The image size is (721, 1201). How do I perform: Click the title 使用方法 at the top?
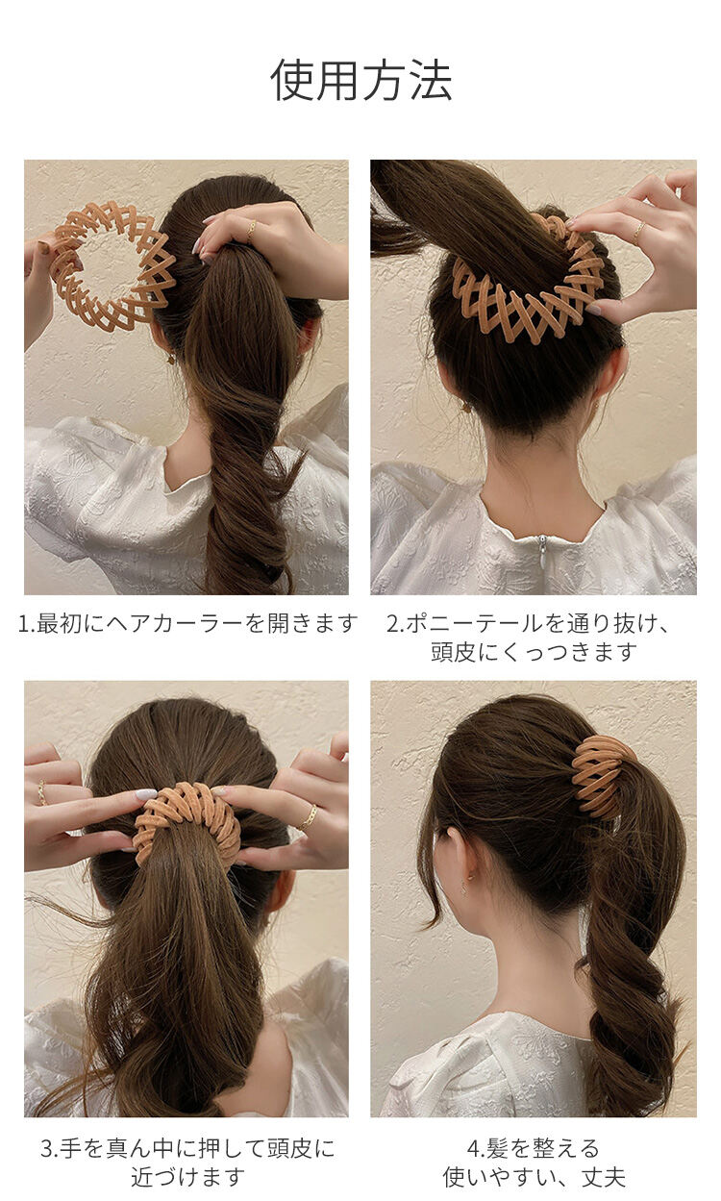360,80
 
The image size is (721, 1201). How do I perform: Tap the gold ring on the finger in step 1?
251,231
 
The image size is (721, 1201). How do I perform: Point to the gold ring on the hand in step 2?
638,232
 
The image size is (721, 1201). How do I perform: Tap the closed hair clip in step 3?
186,813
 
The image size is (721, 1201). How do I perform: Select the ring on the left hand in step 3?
42,792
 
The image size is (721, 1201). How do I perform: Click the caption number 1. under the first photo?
27,623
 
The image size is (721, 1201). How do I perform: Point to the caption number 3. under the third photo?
50,1148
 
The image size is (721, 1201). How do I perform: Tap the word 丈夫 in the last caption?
604,1177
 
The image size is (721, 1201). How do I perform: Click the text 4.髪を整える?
534,1148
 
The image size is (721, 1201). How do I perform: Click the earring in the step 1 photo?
170,357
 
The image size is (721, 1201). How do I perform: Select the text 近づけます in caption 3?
188,1177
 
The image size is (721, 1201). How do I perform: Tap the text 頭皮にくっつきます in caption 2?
534,653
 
